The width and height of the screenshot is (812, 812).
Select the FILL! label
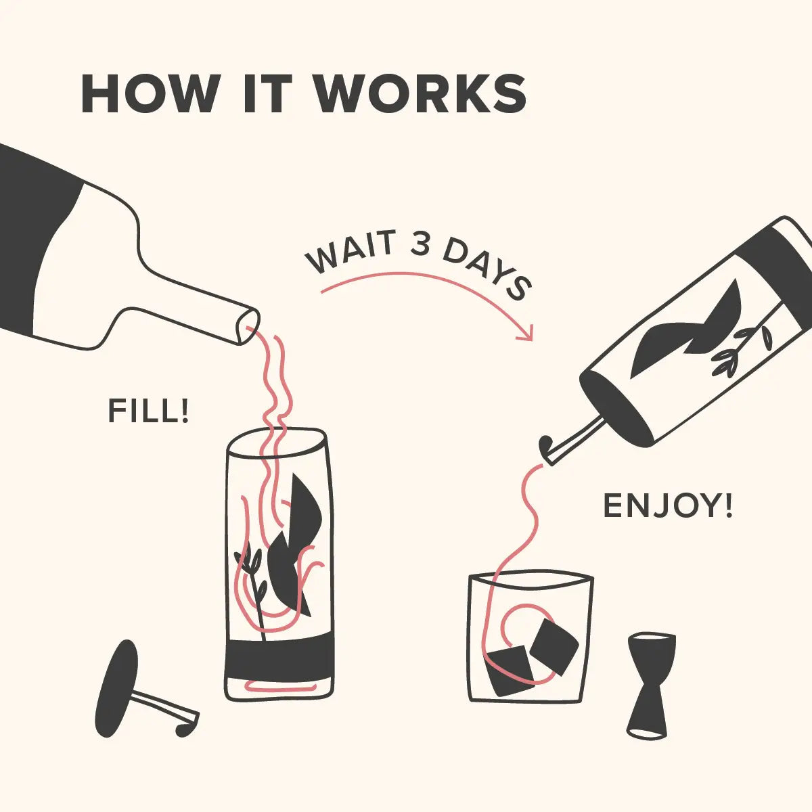[148, 411]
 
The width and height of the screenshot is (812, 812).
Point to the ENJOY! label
[667, 506]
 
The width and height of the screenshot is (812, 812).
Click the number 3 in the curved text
[420, 245]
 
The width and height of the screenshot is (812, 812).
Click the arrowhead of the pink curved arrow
[527, 333]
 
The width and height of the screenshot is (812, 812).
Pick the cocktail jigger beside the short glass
[650, 684]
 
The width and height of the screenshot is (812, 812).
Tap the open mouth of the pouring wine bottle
[248, 326]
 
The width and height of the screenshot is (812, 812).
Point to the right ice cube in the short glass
[554, 646]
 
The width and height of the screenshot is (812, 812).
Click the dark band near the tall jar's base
[280, 656]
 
